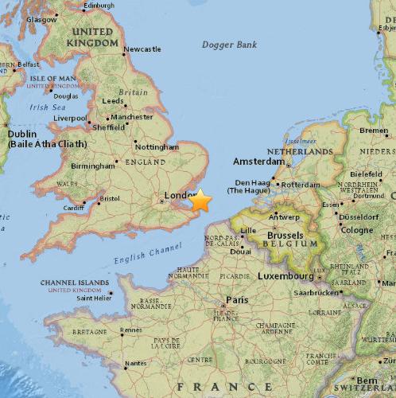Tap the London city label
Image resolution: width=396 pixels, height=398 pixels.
pyautogui.click(x=175, y=195)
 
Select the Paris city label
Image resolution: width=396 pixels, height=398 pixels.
pyautogui.click(x=237, y=300)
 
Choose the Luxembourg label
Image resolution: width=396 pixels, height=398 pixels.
pyautogui.click(x=286, y=276)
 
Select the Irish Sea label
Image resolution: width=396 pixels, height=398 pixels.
pyautogui.click(x=48, y=107)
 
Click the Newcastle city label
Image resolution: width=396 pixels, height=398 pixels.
pyautogui.click(x=142, y=49)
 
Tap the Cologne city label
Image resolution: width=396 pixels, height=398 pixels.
pyautogui.click(x=357, y=230)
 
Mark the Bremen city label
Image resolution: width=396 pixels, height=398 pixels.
pyautogui.click(x=374, y=131)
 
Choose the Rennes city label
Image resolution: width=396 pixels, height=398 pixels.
pyautogui.click(x=132, y=330)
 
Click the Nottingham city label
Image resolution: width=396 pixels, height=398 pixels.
pyautogui.click(x=156, y=147)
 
